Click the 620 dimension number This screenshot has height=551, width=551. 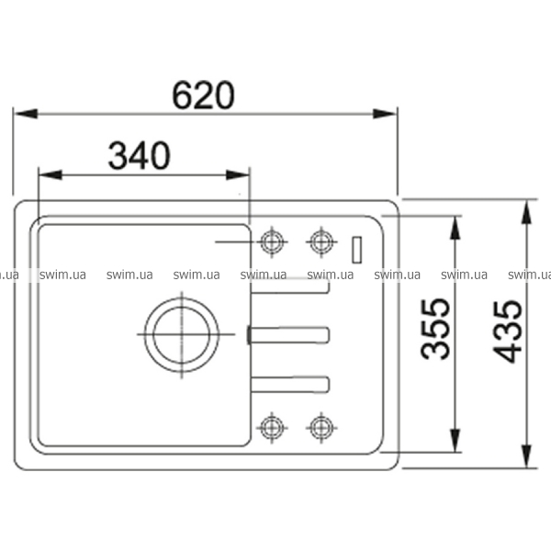(x=203, y=95)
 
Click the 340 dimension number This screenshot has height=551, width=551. (x=140, y=155)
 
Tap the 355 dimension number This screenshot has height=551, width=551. (x=435, y=329)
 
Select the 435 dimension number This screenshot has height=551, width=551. (x=507, y=332)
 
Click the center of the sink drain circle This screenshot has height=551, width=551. (x=182, y=334)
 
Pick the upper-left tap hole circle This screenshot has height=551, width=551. (x=272, y=242)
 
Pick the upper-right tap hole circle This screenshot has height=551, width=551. (x=321, y=242)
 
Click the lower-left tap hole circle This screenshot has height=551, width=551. (x=272, y=428)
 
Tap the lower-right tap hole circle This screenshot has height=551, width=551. (x=321, y=428)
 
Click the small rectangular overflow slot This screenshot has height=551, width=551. (x=356, y=250)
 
